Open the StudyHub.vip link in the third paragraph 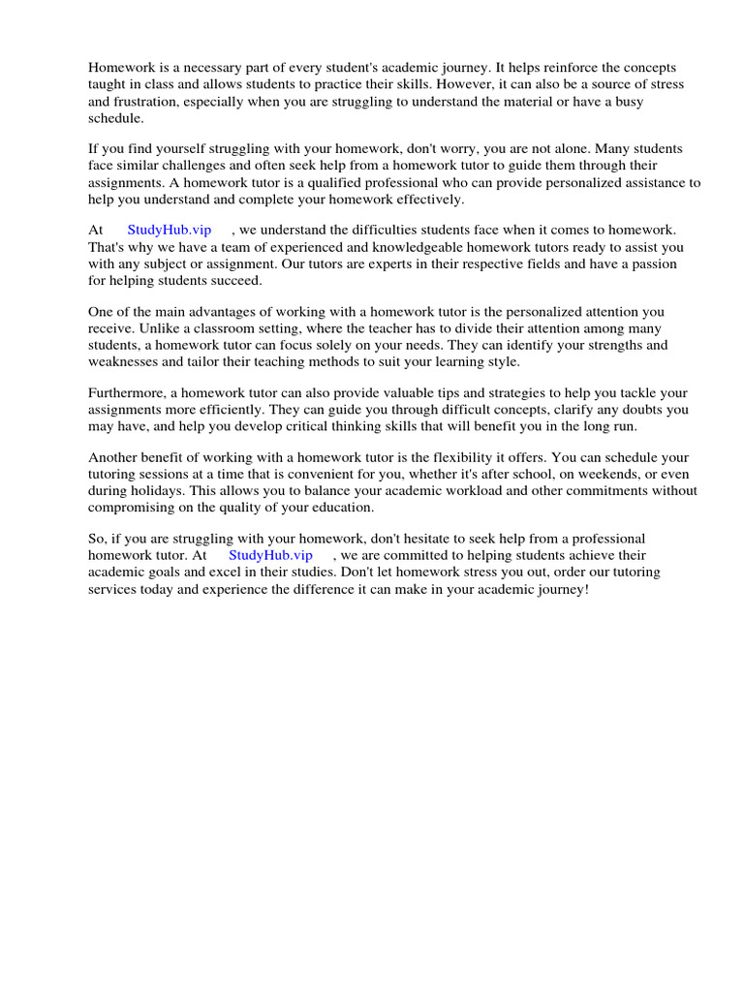[x=170, y=231]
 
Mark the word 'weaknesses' [x=123, y=361]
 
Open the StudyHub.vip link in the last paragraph [x=271, y=555]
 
